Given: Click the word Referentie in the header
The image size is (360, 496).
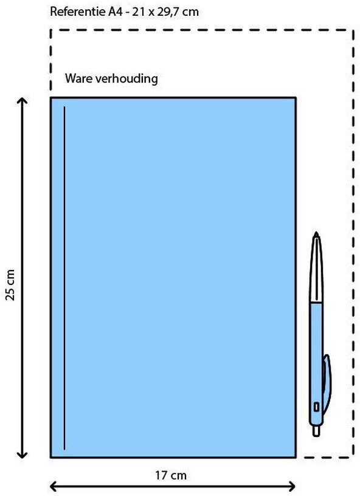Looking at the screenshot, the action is click(78, 12).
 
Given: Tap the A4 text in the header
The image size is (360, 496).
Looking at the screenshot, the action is click(115, 12).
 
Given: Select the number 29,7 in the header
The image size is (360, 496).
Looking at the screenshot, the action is click(167, 12).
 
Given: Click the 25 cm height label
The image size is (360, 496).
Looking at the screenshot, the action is click(10, 284).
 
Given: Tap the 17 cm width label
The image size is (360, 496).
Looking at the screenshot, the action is click(170, 475).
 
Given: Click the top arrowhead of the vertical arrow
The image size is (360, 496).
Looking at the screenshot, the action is click(22, 100).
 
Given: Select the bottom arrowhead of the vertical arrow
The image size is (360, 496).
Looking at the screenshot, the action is click(22, 455).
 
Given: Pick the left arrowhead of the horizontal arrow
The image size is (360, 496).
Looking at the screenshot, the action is click(54, 486).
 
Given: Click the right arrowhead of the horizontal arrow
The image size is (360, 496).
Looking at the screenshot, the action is click(292, 486).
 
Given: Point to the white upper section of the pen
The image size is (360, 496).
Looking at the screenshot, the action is click(316, 269).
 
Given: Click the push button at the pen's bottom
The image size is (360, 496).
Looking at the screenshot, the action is click(316, 431).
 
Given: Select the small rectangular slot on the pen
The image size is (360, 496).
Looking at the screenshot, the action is click(316, 407).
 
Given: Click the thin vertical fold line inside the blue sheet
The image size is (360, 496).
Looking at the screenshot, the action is click(64, 278).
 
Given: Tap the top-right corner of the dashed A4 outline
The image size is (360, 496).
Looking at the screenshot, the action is click(353, 30).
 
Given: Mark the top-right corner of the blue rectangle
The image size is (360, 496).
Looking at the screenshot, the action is click(296, 98).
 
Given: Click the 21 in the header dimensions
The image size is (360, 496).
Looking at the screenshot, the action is click(140, 12).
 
